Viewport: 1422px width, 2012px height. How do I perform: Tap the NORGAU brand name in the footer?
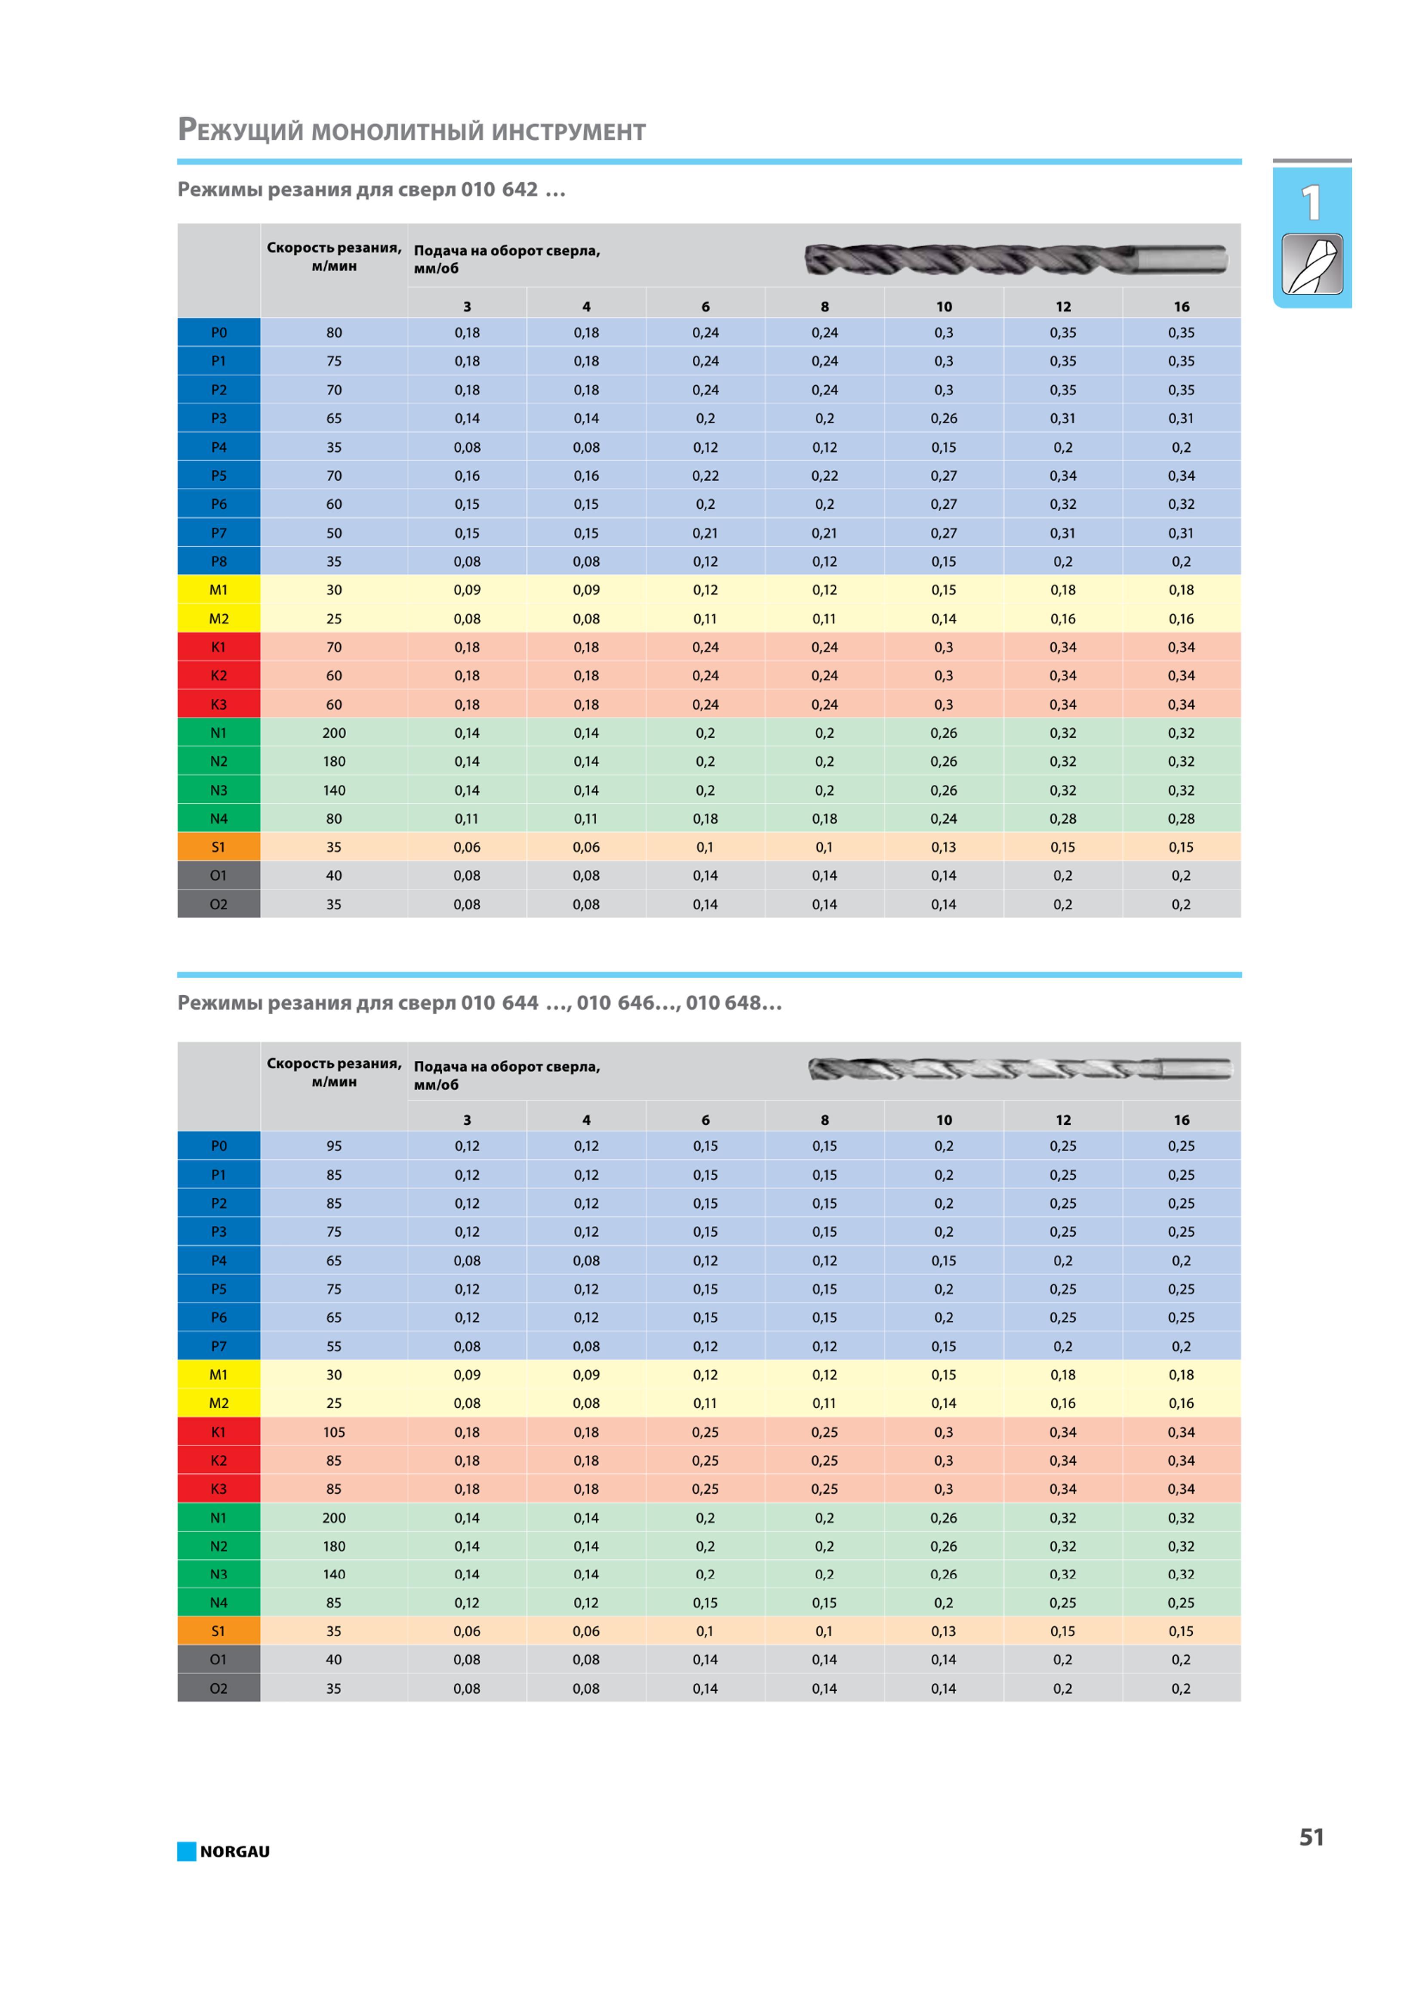click(235, 1852)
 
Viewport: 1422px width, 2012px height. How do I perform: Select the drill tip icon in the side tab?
click(1311, 264)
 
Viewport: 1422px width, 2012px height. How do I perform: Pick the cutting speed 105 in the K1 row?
click(334, 1432)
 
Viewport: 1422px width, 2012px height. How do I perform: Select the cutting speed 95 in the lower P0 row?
click(334, 1146)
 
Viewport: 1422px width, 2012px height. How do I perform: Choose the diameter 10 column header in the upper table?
click(944, 307)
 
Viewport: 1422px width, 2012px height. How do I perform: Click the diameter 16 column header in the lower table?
click(1181, 1120)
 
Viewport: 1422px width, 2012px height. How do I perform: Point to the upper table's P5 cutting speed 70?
click(334, 476)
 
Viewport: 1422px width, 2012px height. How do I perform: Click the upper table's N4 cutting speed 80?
click(334, 818)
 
